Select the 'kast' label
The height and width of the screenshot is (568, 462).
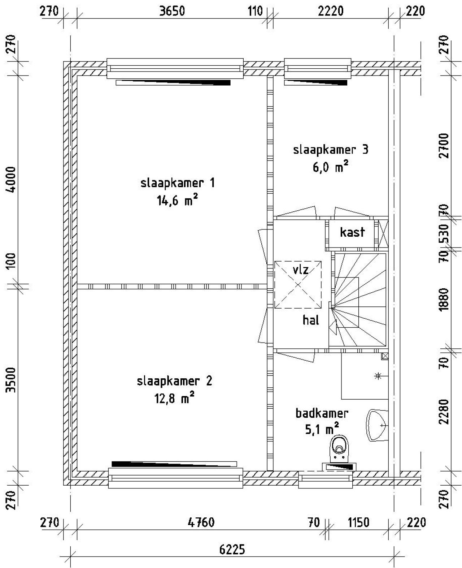[x=352, y=232]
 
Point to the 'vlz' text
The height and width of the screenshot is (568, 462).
[x=301, y=270]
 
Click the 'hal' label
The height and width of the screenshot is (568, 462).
[x=311, y=320]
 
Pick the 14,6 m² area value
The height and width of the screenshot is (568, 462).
[x=177, y=200]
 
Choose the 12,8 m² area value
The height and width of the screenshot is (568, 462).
[x=174, y=399]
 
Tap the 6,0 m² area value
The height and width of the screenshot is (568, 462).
[x=331, y=167]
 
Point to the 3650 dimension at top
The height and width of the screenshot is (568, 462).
[x=172, y=11]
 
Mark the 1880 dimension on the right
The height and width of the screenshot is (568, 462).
[x=444, y=299]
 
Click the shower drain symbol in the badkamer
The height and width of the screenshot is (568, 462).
[x=378, y=376]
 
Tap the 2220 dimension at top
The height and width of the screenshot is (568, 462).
[x=331, y=11]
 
